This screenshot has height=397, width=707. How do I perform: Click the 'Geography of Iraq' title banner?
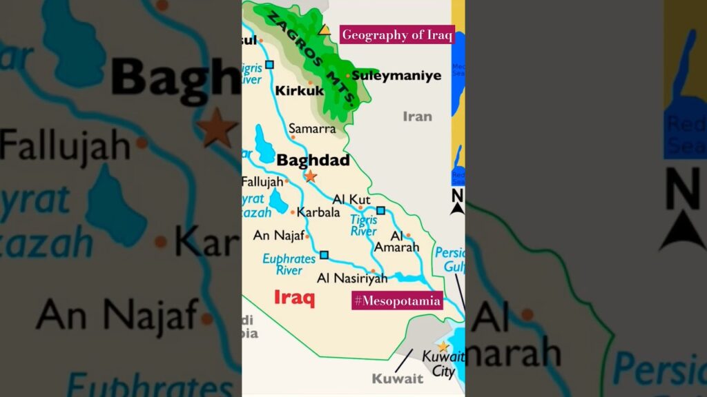pyautogui.click(x=397, y=34)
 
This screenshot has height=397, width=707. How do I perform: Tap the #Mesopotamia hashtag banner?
pyautogui.click(x=397, y=301)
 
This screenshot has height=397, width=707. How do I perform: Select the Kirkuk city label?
pyautogui.click(x=299, y=90)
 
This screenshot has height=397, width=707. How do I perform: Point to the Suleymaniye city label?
pyautogui.click(x=396, y=76)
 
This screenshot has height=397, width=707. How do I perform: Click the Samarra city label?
pyautogui.click(x=312, y=128)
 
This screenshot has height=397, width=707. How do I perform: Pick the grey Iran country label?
pyautogui.click(x=417, y=116)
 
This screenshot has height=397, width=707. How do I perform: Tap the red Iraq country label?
pyautogui.click(x=294, y=298)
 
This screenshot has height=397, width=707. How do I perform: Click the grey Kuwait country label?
pyautogui.click(x=397, y=378)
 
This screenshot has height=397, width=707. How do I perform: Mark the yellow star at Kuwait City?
pyautogui.click(x=443, y=347)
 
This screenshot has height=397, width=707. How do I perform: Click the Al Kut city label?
pyautogui.click(x=351, y=199)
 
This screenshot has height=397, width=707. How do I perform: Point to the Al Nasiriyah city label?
pyautogui.click(x=352, y=278)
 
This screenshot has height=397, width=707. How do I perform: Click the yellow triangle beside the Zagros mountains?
pyautogui.click(x=324, y=30)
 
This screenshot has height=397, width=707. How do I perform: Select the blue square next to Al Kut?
pyautogui.click(x=380, y=210)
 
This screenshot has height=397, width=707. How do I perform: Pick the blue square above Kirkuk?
pyautogui.click(x=269, y=65)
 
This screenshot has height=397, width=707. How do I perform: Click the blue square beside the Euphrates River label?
pyautogui.click(x=324, y=255)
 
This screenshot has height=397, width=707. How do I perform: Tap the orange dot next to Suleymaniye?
pyautogui.click(x=348, y=76)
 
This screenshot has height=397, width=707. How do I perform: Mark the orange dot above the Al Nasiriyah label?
pyautogui.click(x=373, y=271)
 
